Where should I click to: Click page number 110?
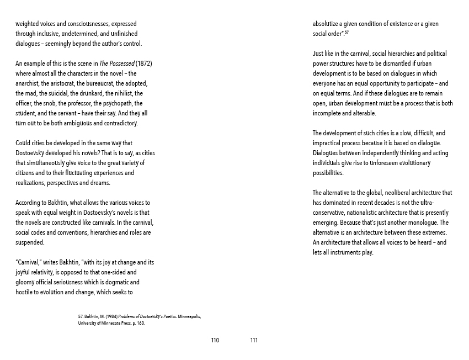215,340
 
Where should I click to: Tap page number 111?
254,340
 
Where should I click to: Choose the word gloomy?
25,282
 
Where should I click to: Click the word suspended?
30,242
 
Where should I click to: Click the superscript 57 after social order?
347,33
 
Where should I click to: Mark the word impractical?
329,143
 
